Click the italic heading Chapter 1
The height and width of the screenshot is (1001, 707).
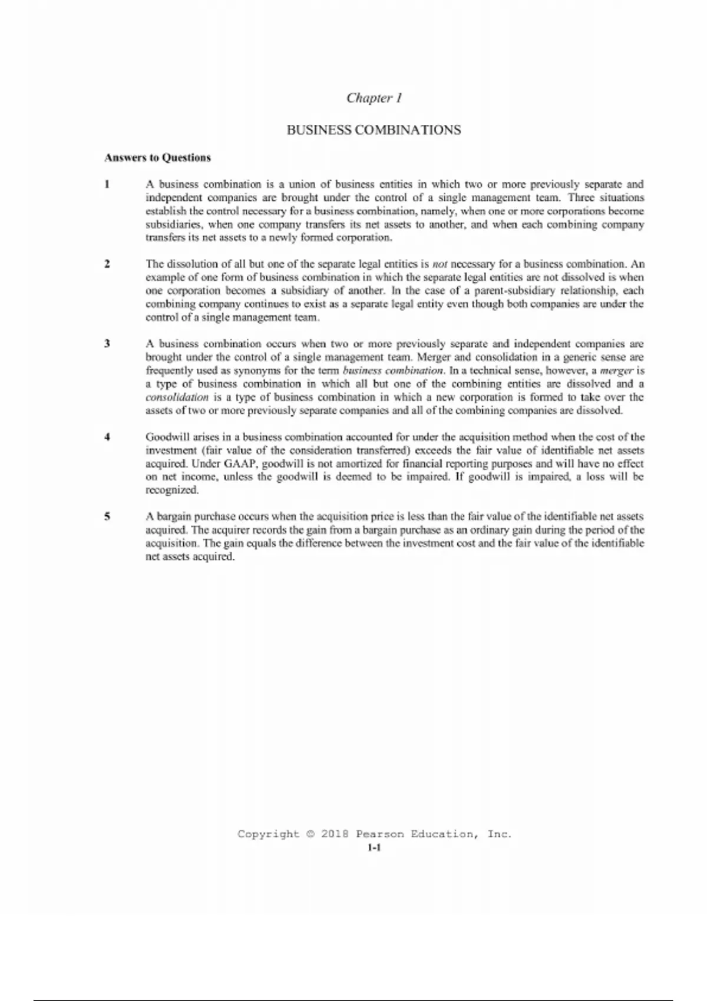[374, 98]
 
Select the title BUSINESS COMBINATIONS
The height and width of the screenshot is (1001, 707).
[374, 130]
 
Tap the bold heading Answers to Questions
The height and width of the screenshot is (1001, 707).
[157, 158]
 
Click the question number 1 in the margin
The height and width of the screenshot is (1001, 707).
[107, 184]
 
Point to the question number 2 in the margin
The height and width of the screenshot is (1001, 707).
[107, 264]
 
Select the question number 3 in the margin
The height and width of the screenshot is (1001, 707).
[107, 343]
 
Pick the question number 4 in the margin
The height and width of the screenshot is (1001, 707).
[107, 437]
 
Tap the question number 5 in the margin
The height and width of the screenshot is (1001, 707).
[107, 516]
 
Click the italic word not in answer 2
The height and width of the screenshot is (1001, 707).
[440, 264]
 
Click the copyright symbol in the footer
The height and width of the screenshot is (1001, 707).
[310, 834]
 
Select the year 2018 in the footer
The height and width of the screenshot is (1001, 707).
[335, 834]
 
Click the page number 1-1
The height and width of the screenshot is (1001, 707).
[374, 848]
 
